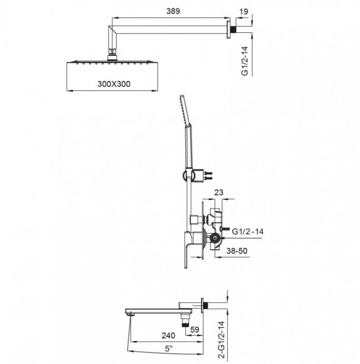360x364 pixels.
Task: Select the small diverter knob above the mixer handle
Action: click(195, 218)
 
